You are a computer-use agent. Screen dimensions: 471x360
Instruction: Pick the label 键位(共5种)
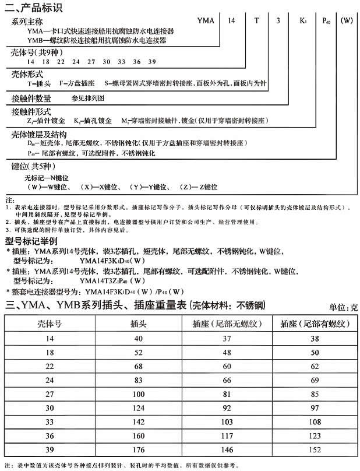[36, 166]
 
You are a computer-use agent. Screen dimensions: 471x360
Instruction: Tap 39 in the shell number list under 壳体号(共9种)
[152, 61]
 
